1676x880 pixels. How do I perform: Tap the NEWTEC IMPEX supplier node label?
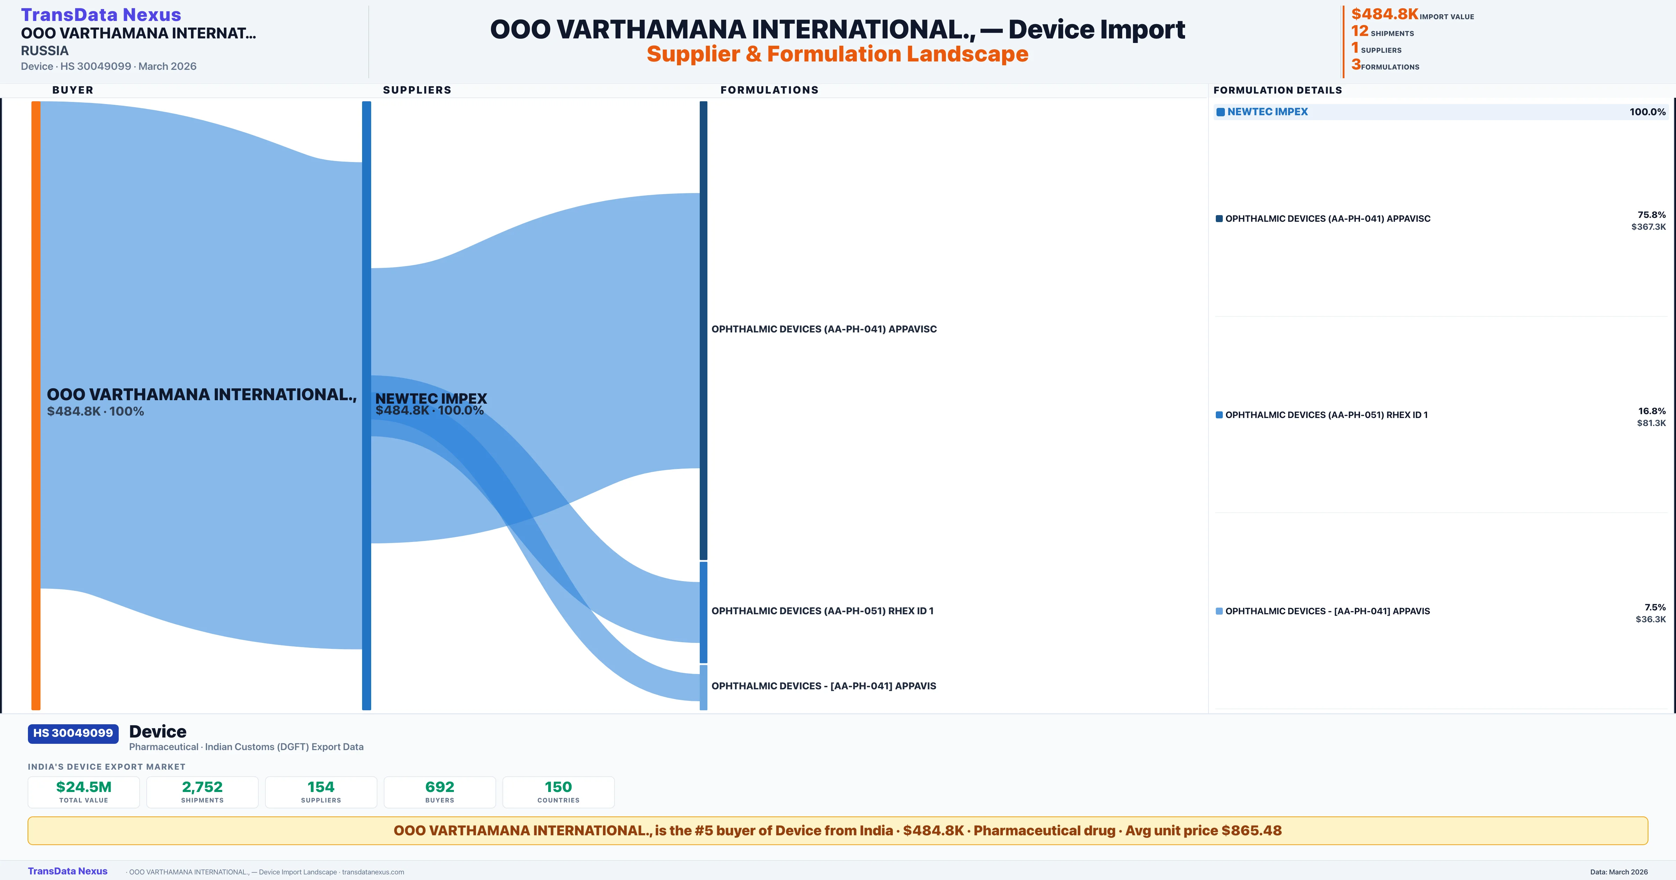(x=431, y=398)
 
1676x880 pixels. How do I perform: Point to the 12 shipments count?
(x=1359, y=31)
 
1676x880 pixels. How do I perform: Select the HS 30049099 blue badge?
(x=73, y=733)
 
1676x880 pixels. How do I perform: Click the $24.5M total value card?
(x=84, y=792)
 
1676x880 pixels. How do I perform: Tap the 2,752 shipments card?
(x=203, y=792)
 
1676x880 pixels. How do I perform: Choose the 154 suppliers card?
(x=321, y=792)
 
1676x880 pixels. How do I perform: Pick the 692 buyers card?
(x=440, y=792)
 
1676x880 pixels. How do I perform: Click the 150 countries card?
(x=558, y=792)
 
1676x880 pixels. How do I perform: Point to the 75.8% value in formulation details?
(x=1651, y=215)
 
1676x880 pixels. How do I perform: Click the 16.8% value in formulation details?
(x=1651, y=411)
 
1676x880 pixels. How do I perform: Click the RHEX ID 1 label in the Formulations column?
(x=822, y=610)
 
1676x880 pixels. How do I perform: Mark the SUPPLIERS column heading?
(x=417, y=90)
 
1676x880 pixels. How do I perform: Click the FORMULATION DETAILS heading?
(x=1277, y=90)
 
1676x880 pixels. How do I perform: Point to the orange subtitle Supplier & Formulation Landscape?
(x=837, y=54)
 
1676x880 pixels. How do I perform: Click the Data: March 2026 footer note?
(x=1619, y=872)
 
